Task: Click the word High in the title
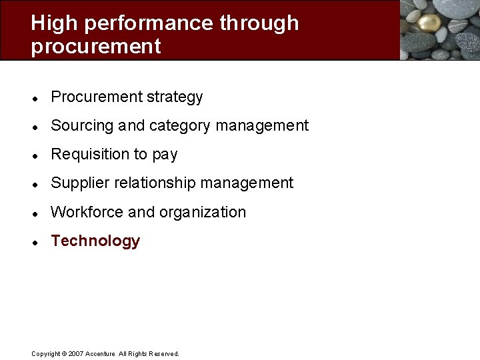(55, 23)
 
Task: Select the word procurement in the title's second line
(95, 47)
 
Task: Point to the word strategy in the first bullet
(175, 97)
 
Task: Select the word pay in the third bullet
(165, 155)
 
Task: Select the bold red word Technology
(95, 241)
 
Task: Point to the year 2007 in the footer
(75, 354)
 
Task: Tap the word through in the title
(259, 23)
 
